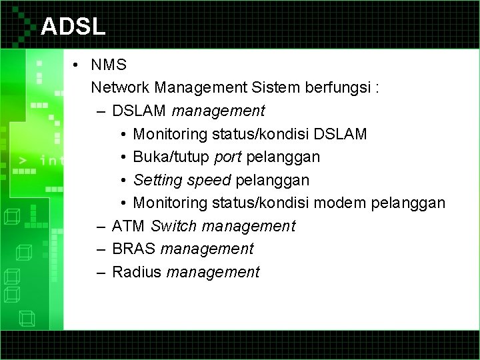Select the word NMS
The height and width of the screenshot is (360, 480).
(109, 65)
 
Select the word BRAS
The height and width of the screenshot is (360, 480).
(135, 249)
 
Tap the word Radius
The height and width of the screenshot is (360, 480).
(137, 272)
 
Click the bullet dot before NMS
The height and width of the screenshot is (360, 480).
(78, 65)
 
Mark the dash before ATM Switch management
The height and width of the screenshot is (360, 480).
(99, 227)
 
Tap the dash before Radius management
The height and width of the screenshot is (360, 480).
(99, 273)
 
